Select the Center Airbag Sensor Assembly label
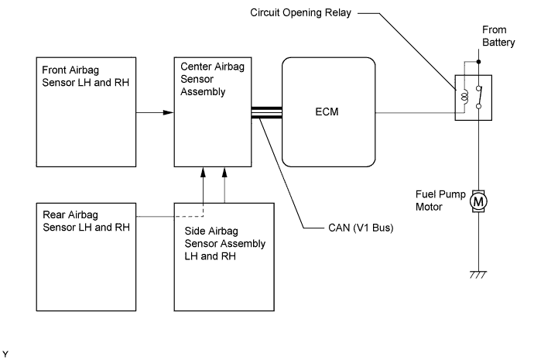(204, 79)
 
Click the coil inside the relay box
(464, 98)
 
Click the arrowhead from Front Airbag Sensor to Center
(168, 112)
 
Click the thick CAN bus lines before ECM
(268, 112)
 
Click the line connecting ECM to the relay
(414, 112)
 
